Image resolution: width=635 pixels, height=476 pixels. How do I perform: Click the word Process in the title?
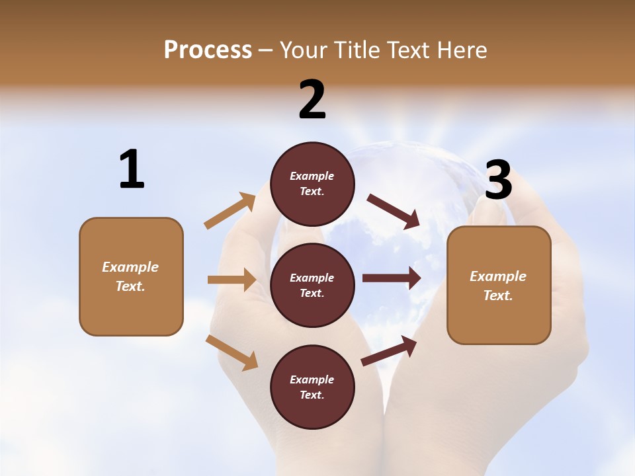click(208, 50)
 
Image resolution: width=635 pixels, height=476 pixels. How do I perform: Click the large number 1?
click(132, 169)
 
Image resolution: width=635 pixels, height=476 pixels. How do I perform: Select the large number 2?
click(312, 100)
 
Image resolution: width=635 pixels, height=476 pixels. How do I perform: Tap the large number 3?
click(498, 180)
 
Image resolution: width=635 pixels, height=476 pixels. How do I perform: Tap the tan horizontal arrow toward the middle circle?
click(232, 280)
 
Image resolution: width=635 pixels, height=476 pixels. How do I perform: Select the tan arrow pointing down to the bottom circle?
click(232, 352)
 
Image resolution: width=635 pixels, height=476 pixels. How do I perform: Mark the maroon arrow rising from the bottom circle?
click(389, 351)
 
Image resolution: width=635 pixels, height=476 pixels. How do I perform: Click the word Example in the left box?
click(130, 267)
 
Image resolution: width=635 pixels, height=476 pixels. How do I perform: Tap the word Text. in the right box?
click(498, 296)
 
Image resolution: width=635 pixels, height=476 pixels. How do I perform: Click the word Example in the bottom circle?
click(312, 379)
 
